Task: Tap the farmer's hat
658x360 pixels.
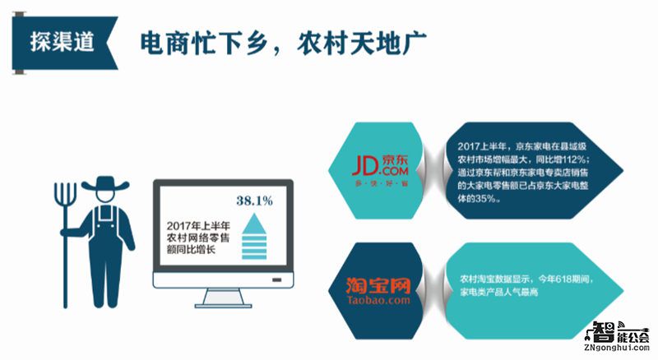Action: click(104, 182)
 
